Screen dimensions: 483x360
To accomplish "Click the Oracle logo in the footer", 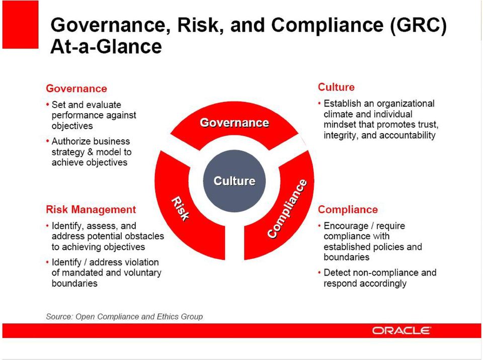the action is [401, 330].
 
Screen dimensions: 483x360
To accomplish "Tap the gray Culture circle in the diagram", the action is [234, 181].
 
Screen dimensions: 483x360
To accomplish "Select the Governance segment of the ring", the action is [234, 123].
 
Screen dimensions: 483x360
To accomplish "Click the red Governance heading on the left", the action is [76, 88].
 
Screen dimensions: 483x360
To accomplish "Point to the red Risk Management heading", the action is [91, 209].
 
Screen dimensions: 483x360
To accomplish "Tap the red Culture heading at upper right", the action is [336, 87].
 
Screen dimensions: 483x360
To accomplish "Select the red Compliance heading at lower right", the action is [348, 209].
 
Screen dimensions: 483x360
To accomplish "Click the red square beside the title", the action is [20, 25].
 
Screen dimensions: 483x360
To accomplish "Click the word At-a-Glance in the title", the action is [106, 47].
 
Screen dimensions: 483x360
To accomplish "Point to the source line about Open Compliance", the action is [124, 317].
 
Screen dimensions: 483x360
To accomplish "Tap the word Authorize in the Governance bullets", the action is [69, 141].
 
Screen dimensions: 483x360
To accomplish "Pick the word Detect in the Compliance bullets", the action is [337, 273].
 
